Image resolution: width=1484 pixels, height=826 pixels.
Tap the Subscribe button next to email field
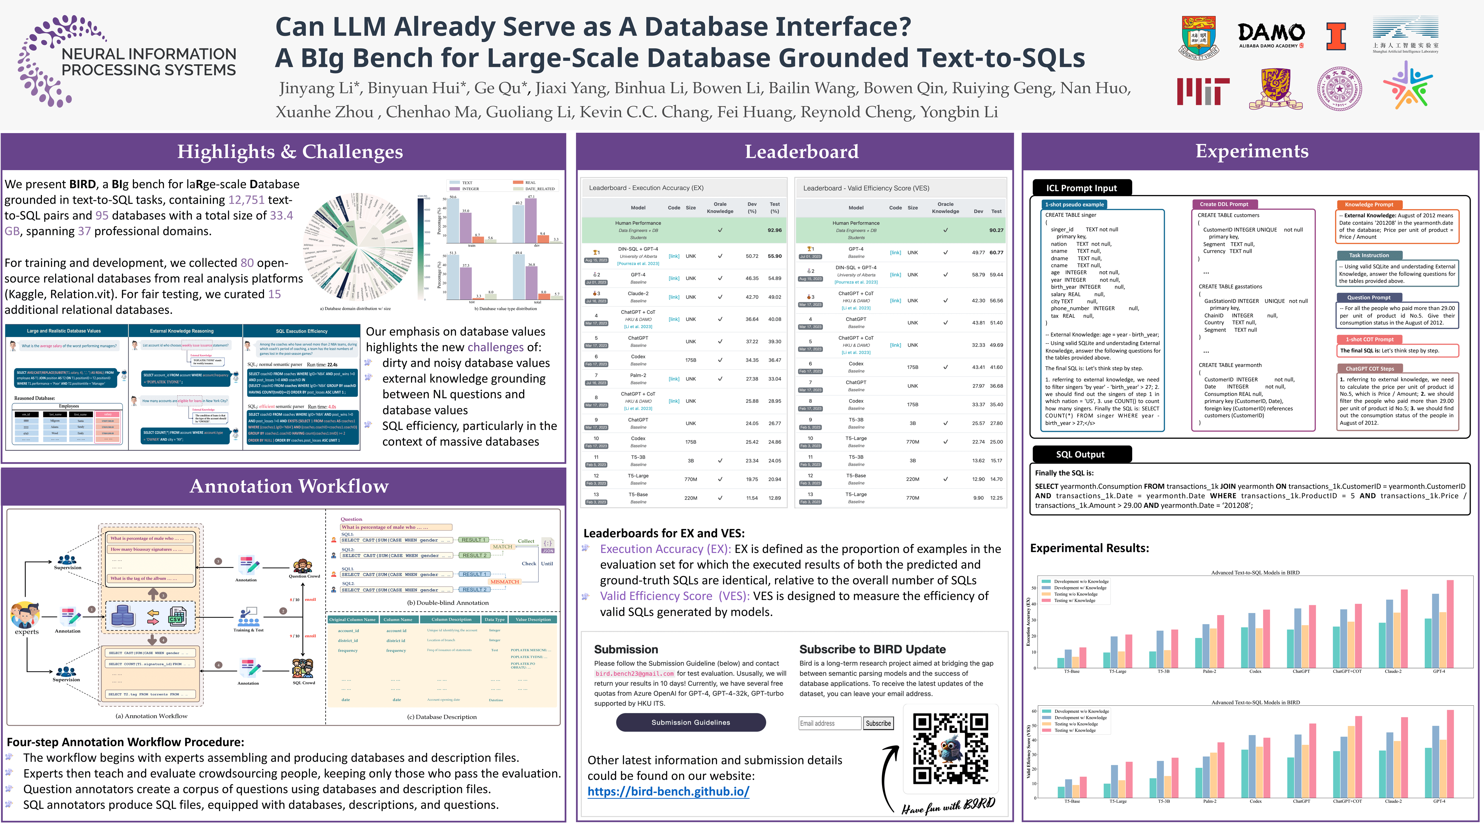[x=878, y=723]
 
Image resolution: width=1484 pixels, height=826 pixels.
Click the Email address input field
[x=830, y=723]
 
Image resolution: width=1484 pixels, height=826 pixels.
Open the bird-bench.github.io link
[x=668, y=792]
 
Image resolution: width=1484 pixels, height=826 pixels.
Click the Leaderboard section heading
[x=801, y=152]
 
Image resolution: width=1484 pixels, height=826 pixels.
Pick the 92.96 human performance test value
[x=774, y=230]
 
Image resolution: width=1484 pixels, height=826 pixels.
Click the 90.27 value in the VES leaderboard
[x=996, y=230]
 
